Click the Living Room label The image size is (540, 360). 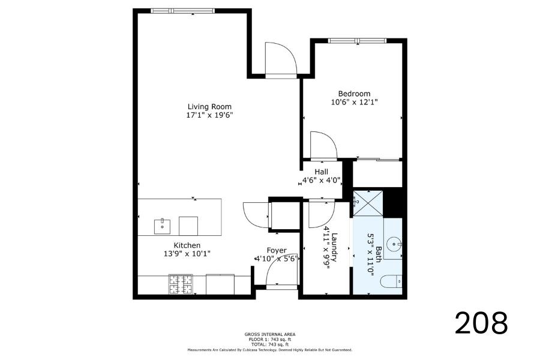[209, 106]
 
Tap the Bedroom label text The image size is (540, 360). [354, 94]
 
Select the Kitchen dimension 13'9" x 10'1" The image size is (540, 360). [187, 254]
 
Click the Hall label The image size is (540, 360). [322, 172]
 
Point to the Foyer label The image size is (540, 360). [277, 250]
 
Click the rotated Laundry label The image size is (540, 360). [334, 248]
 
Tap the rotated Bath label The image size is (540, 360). [378, 254]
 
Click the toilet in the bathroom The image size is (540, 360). [391, 281]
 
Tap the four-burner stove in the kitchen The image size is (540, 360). [181, 284]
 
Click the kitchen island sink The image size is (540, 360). [162, 226]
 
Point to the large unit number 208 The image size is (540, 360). [481, 323]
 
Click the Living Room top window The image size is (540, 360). [183, 11]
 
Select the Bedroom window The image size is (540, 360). [357, 41]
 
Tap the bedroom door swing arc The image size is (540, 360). [323, 145]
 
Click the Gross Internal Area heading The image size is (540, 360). [269, 334]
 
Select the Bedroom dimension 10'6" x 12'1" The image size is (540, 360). [355, 102]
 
